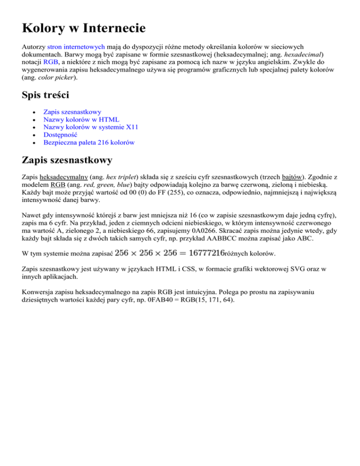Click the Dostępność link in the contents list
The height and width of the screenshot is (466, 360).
tap(60, 135)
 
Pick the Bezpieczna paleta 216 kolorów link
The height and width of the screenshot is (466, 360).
tap(89, 142)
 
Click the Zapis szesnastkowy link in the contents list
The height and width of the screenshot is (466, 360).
tap(72, 112)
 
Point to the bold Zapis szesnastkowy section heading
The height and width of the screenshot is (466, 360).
tap(67, 161)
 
